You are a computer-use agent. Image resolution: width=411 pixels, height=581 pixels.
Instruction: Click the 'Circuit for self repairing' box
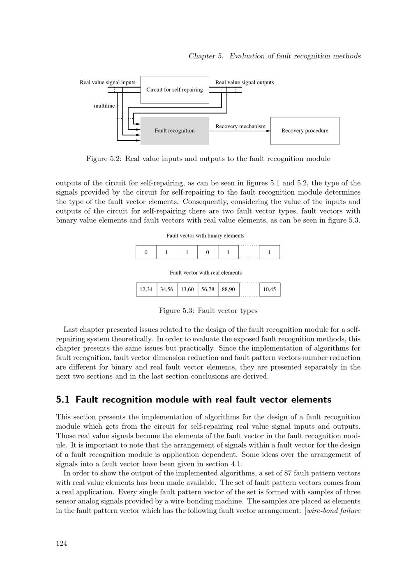pos(175,90)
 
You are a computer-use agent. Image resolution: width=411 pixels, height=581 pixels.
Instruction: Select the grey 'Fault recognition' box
pos(175,131)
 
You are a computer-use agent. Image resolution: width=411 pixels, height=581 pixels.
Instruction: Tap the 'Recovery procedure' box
pos(305,131)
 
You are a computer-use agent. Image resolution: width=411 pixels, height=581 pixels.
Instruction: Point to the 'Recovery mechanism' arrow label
pos(240,126)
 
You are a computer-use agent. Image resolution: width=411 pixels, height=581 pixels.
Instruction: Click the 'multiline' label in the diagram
pos(104,106)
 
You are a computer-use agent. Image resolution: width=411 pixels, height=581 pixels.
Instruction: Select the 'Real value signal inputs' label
pos(107,82)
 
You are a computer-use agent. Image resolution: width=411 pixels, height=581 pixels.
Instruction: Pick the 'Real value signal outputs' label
pos(245,82)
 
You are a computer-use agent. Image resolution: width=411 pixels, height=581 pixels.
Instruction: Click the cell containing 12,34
pos(146,289)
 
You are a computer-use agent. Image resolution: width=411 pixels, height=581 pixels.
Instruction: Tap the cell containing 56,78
pos(208,289)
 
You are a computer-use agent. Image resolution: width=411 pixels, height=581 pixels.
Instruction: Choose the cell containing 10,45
pos(270,289)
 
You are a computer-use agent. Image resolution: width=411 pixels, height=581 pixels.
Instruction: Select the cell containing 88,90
pos(228,289)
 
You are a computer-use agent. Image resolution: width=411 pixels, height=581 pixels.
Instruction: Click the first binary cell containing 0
pos(146,252)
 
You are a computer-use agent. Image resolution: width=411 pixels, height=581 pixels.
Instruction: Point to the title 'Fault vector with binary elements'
pos(205,236)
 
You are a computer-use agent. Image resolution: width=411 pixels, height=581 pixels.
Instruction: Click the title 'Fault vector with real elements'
pos(205,273)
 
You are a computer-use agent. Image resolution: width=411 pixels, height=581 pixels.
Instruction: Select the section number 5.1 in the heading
pos(62,400)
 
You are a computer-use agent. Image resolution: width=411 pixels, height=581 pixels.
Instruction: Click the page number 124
pos(62,544)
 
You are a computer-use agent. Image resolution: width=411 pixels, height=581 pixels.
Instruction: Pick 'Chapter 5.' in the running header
pos(206,56)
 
